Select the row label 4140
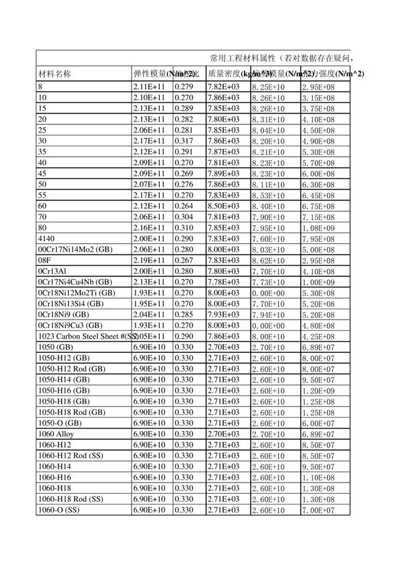tap(47, 239)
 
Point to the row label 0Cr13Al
tap(51, 271)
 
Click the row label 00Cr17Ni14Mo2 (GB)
tap(75, 249)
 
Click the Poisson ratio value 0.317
tap(184, 140)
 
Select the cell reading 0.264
tap(184, 206)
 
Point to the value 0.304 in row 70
tap(184, 217)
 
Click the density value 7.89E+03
tap(223, 173)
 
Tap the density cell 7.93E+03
tap(223, 315)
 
